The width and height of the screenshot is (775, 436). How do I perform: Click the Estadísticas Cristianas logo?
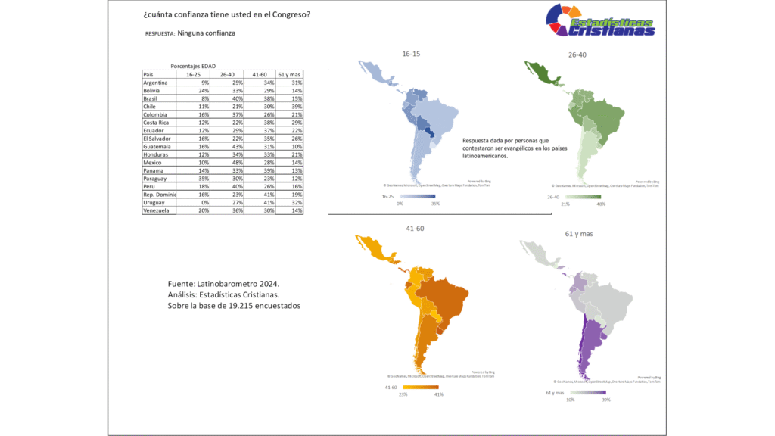click(601, 20)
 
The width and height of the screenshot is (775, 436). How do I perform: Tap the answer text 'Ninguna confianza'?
click(207, 33)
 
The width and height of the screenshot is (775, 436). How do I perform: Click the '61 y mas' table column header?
click(290, 75)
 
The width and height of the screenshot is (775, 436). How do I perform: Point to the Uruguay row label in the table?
click(154, 203)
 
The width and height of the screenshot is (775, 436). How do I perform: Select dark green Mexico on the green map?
click(542, 75)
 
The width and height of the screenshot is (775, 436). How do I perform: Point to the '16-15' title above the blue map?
click(412, 54)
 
